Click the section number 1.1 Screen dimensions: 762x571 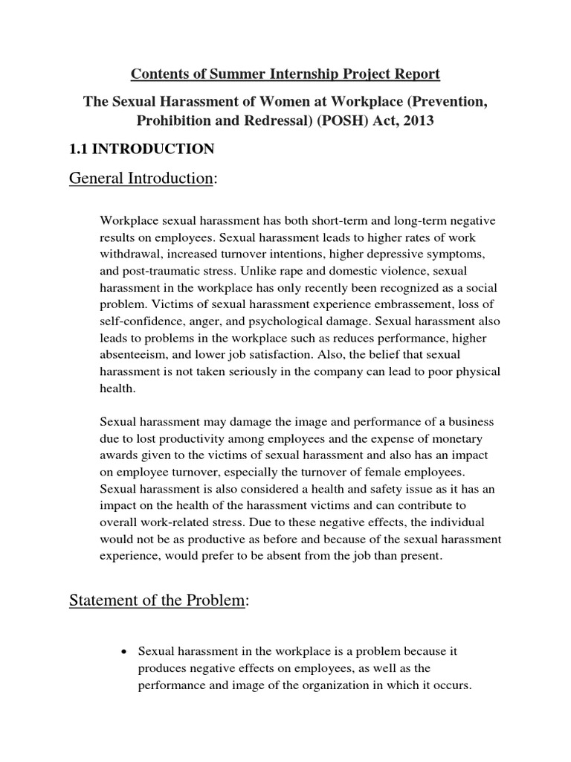click(79, 150)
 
